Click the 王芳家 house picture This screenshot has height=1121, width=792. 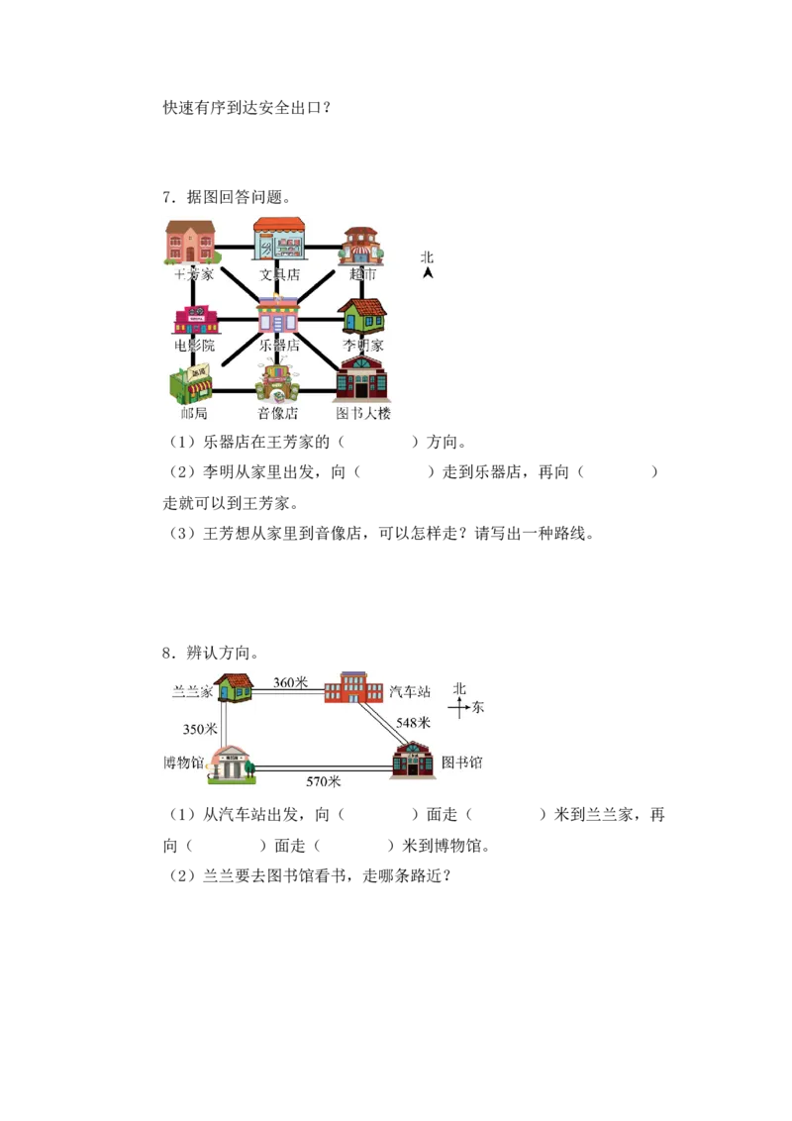190,243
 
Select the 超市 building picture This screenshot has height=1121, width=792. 361,246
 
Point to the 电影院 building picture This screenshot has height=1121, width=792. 196,320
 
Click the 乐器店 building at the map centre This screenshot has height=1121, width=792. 277,315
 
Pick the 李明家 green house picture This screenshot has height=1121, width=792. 363,316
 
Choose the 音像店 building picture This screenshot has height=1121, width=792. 277,384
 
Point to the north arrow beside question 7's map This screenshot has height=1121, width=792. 428,272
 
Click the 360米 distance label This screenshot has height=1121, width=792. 291,682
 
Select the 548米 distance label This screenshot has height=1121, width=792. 413,723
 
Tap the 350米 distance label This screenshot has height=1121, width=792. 200,729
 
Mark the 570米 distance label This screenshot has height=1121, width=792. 324,781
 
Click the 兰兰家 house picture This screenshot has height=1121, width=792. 234,689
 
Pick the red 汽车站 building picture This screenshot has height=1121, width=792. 353,687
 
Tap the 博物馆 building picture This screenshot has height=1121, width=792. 230,764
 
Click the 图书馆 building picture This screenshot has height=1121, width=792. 413,760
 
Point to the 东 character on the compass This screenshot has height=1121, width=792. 477,708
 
